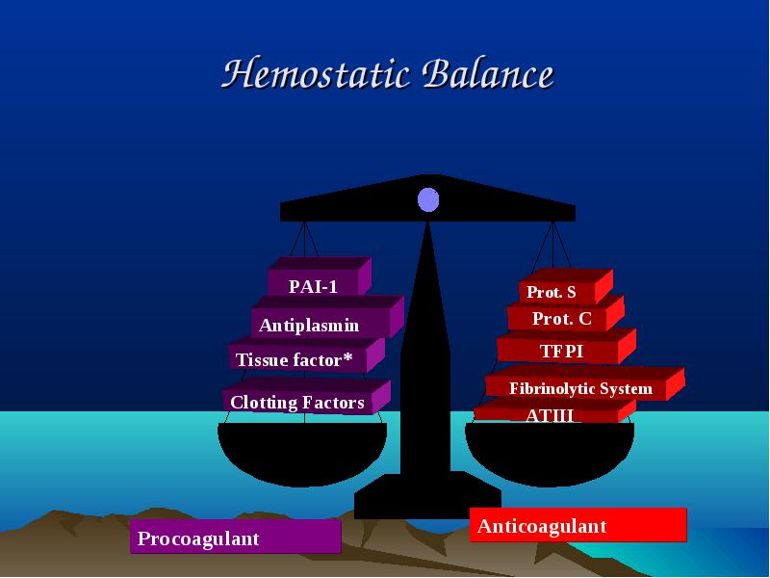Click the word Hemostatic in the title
click(316, 74)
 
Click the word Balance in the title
click(488, 74)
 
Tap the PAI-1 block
click(320, 276)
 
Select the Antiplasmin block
click(327, 317)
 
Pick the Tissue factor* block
click(306, 355)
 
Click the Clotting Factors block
click(306, 396)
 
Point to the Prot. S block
click(566, 286)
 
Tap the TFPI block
click(566, 347)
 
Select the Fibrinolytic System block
click(585, 383)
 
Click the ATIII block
click(554, 411)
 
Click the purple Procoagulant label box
click(235, 537)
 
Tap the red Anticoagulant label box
click(578, 525)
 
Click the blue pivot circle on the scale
click(428, 199)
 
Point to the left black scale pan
click(302, 452)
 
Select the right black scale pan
click(550, 452)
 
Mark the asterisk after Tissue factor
click(347, 356)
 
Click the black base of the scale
click(427, 495)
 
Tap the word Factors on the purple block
click(332, 403)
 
